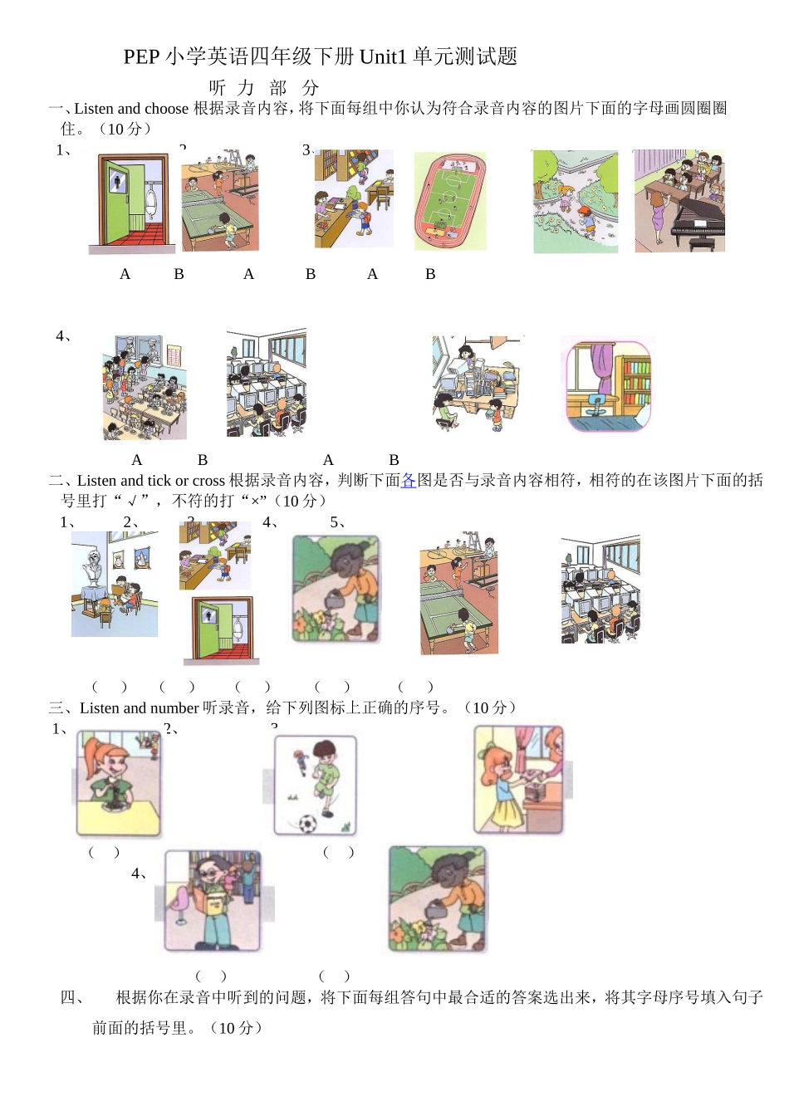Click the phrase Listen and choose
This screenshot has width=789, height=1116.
pos(131,108)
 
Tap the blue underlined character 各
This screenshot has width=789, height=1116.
pos(409,480)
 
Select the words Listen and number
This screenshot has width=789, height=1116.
pos(139,707)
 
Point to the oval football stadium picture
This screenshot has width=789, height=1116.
pos(450,202)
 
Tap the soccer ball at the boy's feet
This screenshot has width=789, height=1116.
pos(307,824)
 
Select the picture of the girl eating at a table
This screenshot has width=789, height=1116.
pos(118,784)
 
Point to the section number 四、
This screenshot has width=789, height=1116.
pos(72,997)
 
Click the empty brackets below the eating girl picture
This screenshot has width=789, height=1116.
pos(104,852)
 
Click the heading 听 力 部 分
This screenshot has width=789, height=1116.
pos(264,87)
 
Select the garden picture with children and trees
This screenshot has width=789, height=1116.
pos(576,202)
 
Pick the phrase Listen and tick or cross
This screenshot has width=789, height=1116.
pos(150,480)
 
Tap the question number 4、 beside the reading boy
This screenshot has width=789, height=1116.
pos(140,873)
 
